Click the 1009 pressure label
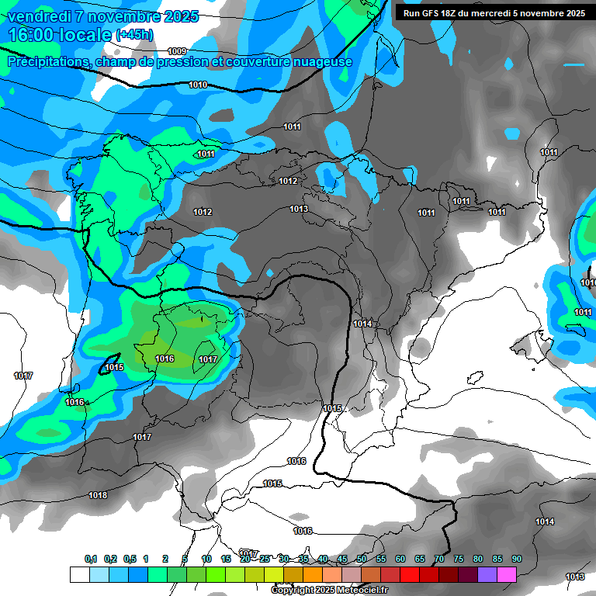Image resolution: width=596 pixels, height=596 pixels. (x=177, y=51)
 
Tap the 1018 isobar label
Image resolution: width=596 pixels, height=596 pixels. (x=98, y=495)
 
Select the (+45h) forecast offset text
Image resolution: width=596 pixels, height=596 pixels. (x=134, y=35)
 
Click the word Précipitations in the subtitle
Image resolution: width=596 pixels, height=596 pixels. (x=48, y=61)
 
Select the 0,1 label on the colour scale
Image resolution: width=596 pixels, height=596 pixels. (x=91, y=559)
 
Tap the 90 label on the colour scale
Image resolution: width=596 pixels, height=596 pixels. (x=517, y=559)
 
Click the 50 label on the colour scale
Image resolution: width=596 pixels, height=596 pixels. (x=362, y=559)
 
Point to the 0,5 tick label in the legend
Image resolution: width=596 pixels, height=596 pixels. (x=130, y=559)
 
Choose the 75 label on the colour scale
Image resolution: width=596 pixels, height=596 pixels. (x=459, y=559)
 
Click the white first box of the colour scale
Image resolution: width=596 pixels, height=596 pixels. (x=79, y=574)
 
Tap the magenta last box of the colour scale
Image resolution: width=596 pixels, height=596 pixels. (x=507, y=574)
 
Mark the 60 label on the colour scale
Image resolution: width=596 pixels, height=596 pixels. (x=400, y=559)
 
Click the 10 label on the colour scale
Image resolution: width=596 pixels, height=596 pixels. (x=206, y=559)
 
